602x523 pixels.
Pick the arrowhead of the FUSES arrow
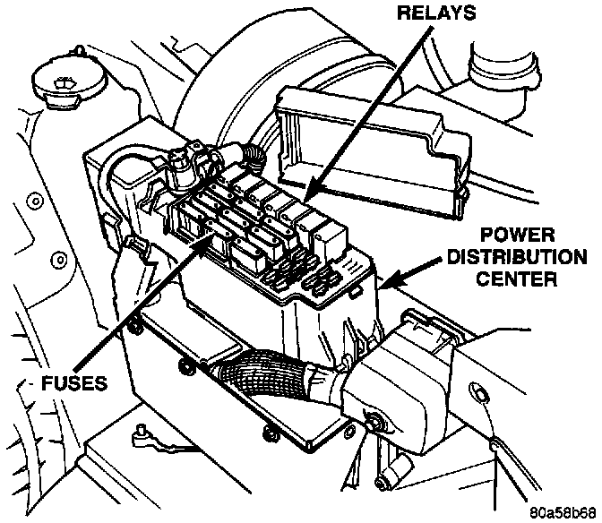tap(215, 235)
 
